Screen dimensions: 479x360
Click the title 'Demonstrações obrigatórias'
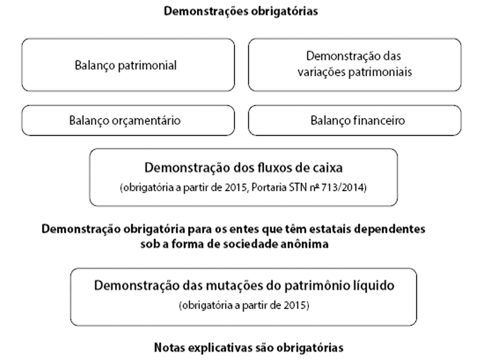(241, 11)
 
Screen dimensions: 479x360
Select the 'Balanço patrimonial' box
(128, 65)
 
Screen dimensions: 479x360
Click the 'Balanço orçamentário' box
(128, 120)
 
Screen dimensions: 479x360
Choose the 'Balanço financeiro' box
(355, 120)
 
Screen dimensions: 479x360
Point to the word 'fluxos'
(277, 168)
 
